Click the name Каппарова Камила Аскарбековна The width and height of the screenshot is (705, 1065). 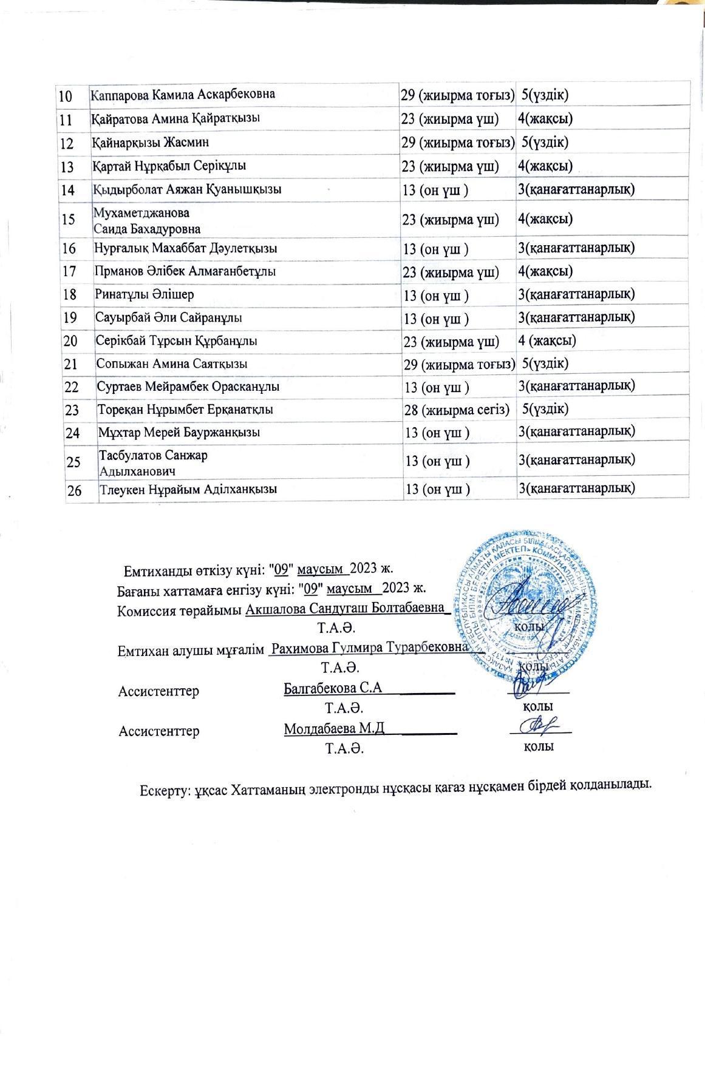pos(182,95)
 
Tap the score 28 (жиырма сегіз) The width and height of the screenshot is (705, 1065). pos(457,410)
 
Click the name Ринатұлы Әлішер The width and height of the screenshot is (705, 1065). pos(145,294)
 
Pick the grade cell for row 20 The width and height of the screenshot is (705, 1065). pos(547,340)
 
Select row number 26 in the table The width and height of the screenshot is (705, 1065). pos(75,490)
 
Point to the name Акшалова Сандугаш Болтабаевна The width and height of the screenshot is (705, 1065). pos(345,609)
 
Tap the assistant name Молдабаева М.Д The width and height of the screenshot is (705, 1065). pos(334,729)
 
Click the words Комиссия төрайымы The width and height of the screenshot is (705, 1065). pos(180,610)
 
